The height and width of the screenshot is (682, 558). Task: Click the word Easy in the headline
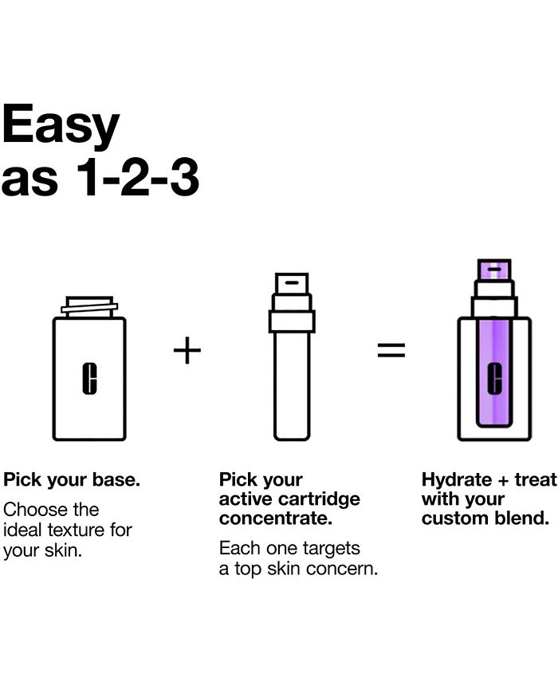point(60,124)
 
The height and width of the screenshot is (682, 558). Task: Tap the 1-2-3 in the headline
point(138,177)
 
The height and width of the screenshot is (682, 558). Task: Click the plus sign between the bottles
point(187,350)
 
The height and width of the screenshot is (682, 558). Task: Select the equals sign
point(391,350)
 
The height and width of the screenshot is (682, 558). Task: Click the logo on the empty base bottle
point(89,378)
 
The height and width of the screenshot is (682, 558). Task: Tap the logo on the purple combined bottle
point(494,378)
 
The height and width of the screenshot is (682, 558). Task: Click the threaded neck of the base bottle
point(89,307)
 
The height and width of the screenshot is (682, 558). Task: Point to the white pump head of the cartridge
point(292,284)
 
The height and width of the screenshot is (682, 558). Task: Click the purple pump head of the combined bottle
point(494,270)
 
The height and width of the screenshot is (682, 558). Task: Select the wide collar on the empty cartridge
point(292,321)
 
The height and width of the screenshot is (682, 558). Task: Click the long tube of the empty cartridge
point(292,386)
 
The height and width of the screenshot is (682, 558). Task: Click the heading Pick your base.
point(72,480)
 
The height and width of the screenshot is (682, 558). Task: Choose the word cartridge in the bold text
point(320,499)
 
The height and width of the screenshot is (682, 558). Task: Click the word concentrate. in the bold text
point(276,518)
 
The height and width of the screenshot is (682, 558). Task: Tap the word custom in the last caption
point(450,518)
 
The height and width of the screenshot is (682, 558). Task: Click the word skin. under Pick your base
point(64,550)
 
